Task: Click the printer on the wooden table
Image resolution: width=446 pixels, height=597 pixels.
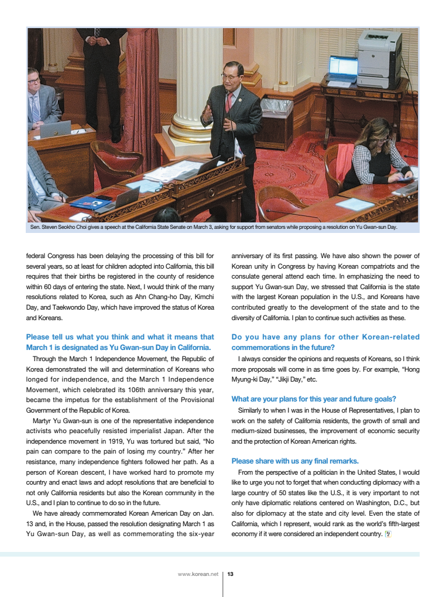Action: (x=379, y=59)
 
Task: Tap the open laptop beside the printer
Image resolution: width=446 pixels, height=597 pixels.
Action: (x=343, y=68)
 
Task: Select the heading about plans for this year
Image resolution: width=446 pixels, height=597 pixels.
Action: (x=314, y=399)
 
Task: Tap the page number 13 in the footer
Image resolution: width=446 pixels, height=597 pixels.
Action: (x=231, y=574)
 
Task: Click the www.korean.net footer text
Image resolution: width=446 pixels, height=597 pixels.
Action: (x=198, y=574)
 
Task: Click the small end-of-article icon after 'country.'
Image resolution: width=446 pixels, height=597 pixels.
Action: (x=387, y=534)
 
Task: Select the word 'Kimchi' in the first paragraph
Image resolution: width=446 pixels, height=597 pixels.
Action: (x=202, y=297)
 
